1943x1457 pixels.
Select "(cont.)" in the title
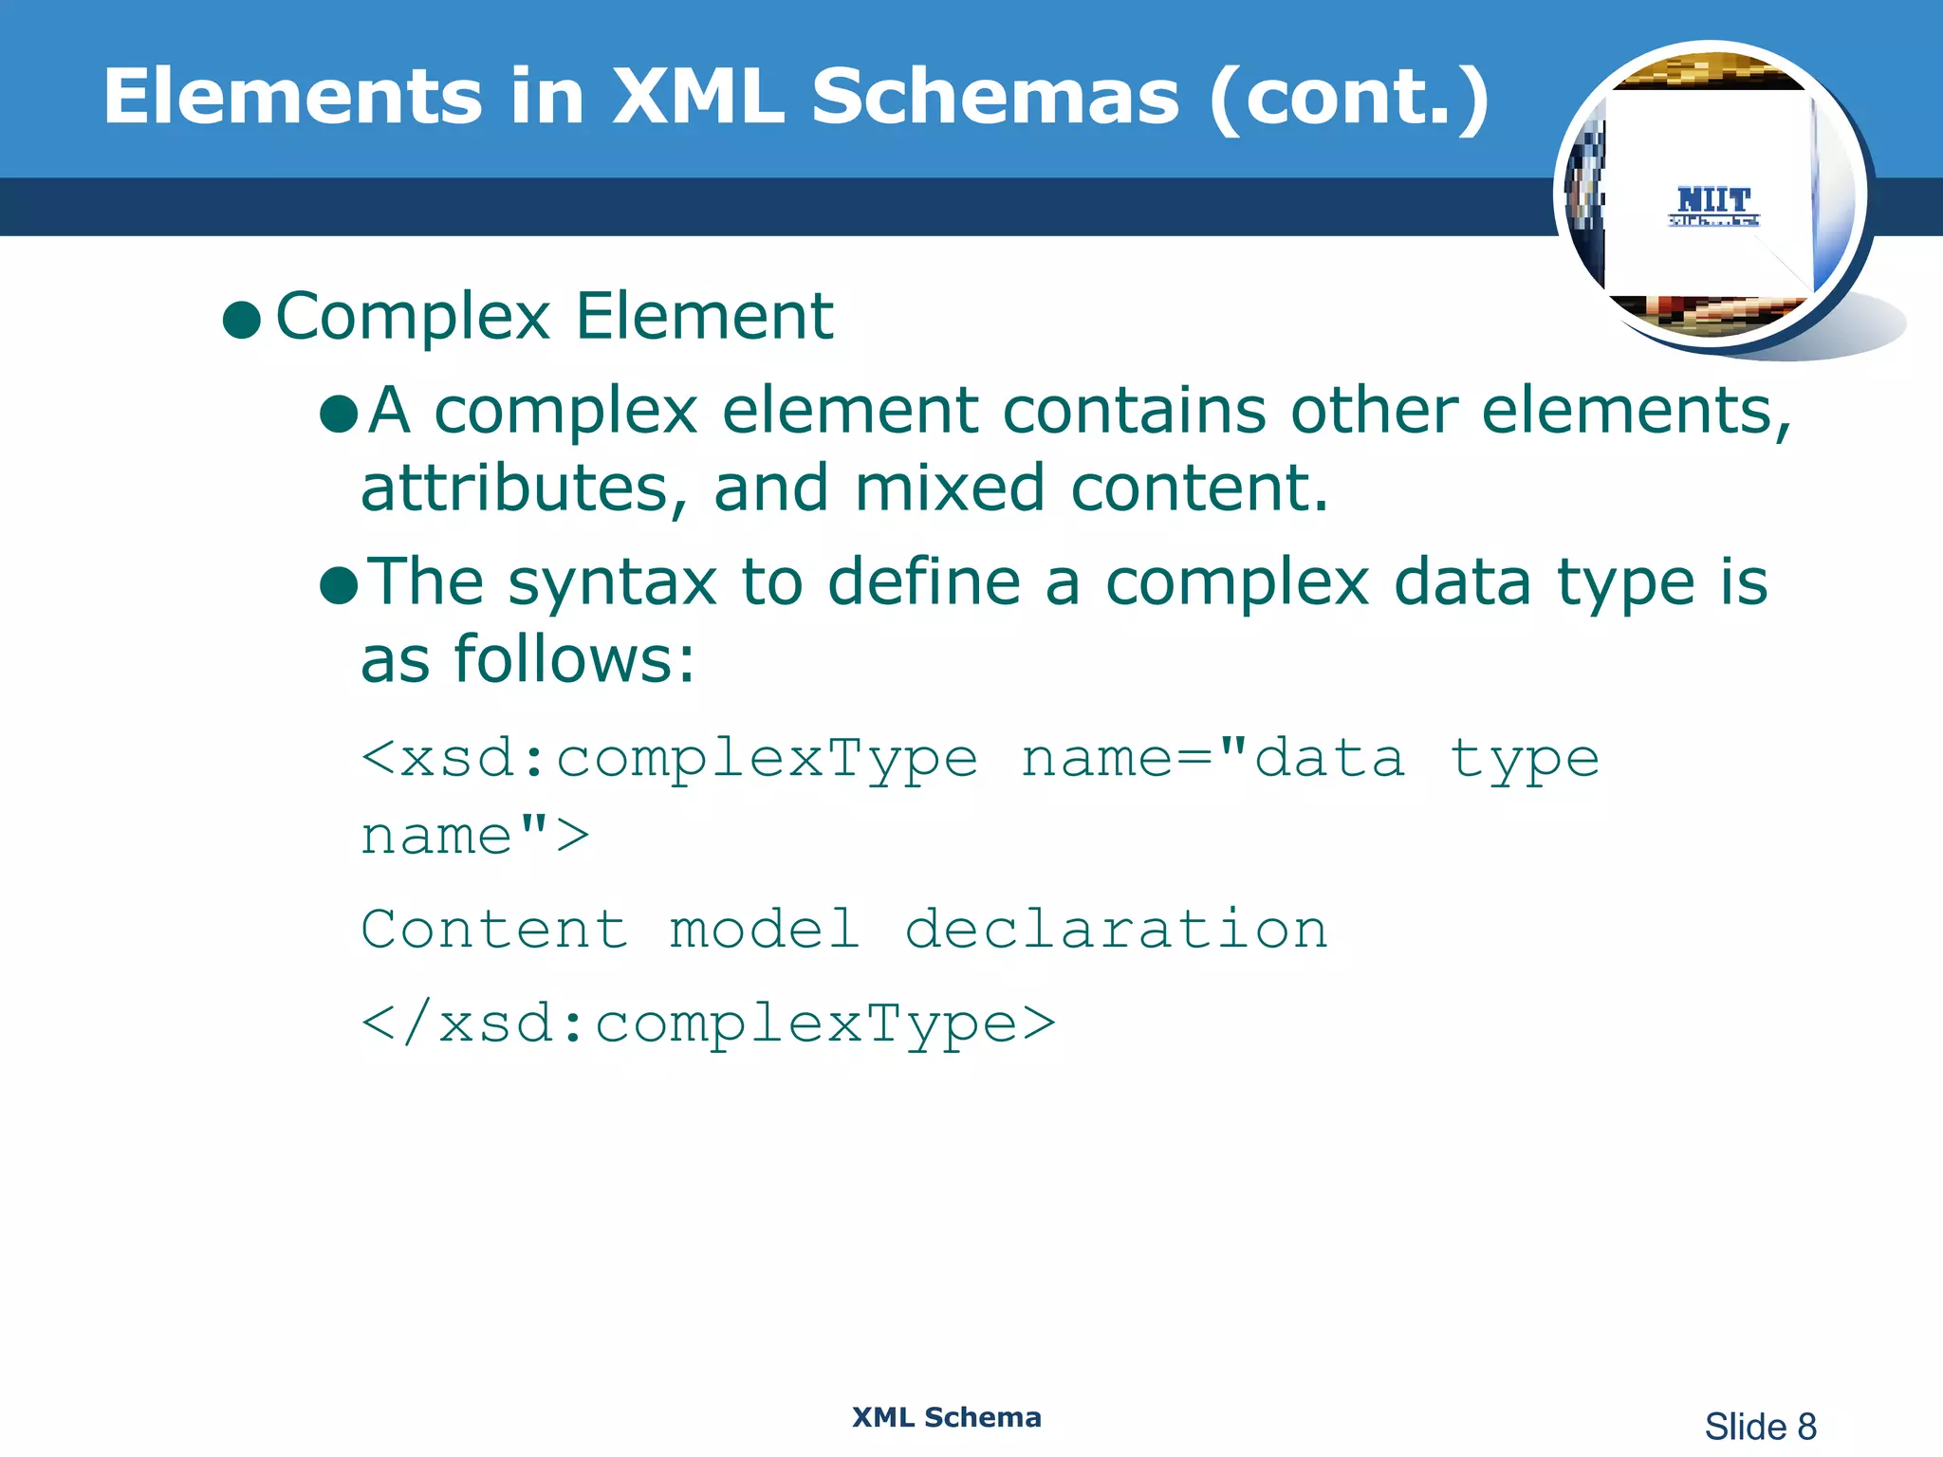tap(1348, 98)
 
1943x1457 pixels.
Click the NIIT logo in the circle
tap(1713, 205)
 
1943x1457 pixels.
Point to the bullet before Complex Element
tap(241, 321)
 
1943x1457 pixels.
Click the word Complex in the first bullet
tap(413, 317)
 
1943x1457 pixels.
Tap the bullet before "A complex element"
tap(339, 414)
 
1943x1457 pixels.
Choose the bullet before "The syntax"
tap(339, 585)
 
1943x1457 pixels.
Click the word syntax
tap(612, 584)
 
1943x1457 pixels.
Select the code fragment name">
tap(474, 837)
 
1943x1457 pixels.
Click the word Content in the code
tap(494, 929)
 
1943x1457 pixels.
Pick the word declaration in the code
tap(1116, 929)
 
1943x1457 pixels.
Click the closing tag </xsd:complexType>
tap(708, 1025)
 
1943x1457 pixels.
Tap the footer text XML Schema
tap(946, 1417)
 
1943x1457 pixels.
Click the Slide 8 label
tap(1760, 1427)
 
